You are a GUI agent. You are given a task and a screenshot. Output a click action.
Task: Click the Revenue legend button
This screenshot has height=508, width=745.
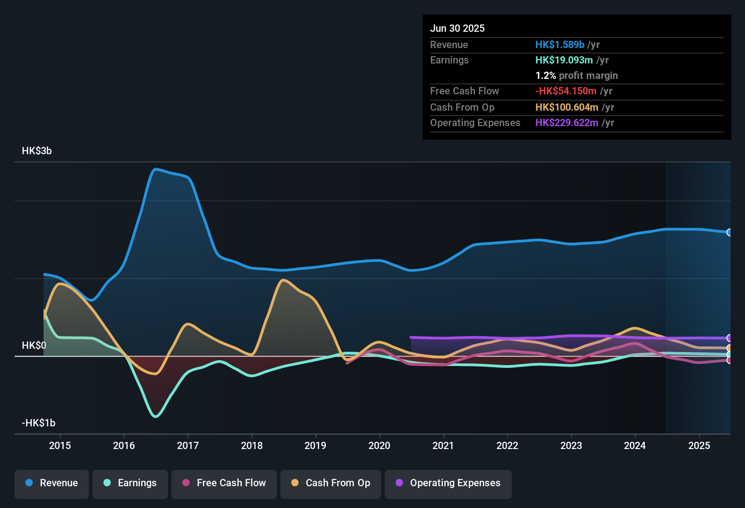52,483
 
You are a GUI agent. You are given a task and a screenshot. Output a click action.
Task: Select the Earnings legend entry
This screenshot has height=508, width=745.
130,483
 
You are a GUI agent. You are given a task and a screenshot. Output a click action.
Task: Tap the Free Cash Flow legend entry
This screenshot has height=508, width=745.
224,483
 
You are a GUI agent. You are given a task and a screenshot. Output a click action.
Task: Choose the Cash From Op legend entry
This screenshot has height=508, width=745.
331,483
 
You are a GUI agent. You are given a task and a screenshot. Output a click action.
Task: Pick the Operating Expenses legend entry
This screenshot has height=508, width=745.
448,483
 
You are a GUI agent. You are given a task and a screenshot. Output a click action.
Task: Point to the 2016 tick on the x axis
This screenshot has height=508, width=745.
124,445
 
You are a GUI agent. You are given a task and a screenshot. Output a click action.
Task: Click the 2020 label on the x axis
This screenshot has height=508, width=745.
379,445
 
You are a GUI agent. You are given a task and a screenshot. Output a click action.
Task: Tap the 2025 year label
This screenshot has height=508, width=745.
699,445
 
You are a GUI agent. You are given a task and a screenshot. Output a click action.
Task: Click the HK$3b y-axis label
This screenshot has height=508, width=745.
37,151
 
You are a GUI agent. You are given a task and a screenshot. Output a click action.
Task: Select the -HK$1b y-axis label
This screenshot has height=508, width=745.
39,423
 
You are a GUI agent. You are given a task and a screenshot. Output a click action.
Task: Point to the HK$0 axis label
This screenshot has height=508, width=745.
34,346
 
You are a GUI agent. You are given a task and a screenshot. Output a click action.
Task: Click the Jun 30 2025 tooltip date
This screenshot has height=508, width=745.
457,29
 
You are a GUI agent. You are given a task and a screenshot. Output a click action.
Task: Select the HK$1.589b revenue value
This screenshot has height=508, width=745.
559,45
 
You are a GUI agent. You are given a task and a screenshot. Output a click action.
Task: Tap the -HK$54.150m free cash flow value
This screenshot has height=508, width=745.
566,91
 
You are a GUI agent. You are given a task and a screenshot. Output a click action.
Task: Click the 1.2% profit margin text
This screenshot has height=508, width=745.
577,76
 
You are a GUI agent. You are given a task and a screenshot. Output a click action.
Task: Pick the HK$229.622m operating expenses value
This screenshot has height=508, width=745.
567,123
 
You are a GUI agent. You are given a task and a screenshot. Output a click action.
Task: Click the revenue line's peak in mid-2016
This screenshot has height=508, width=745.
155,169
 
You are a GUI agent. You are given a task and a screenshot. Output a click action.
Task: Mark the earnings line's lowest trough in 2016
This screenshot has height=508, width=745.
156,416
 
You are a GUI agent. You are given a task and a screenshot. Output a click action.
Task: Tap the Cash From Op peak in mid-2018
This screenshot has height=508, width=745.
283,280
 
